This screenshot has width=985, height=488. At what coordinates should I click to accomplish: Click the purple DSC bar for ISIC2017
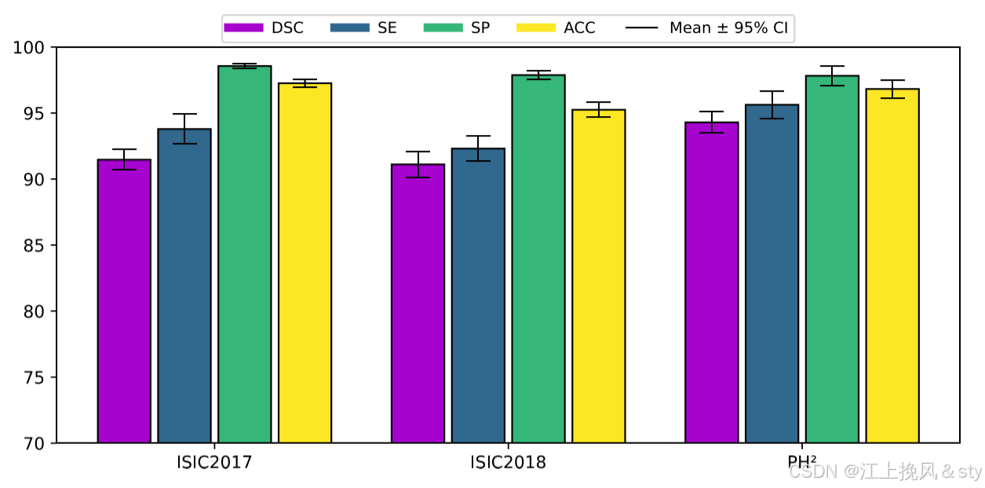click(x=124, y=301)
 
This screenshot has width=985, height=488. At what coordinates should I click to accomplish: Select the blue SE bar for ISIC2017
click(x=184, y=286)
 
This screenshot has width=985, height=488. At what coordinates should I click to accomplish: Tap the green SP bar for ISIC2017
click(x=244, y=254)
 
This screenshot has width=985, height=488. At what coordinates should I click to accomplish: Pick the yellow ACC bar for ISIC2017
click(x=305, y=263)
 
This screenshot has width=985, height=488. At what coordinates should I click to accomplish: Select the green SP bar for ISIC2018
click(x=538, y=259)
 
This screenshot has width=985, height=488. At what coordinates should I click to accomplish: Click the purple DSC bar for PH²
click(x=711, y=282)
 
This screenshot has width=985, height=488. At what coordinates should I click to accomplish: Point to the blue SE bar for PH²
click(x=772, y=274)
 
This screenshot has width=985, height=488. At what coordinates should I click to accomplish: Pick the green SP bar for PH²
click(x=832, y=259)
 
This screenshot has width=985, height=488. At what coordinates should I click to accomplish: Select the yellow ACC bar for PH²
click(x=892, y=266)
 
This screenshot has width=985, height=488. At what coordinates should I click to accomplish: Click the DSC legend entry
click(x=264, y=28)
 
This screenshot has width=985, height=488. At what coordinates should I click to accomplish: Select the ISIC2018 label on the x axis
click(x=508, y=462)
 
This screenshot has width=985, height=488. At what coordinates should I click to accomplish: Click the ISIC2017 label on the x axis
click(x=214, y=462)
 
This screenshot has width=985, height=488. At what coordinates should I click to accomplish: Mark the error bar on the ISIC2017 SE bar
click(x=184, y=129)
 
